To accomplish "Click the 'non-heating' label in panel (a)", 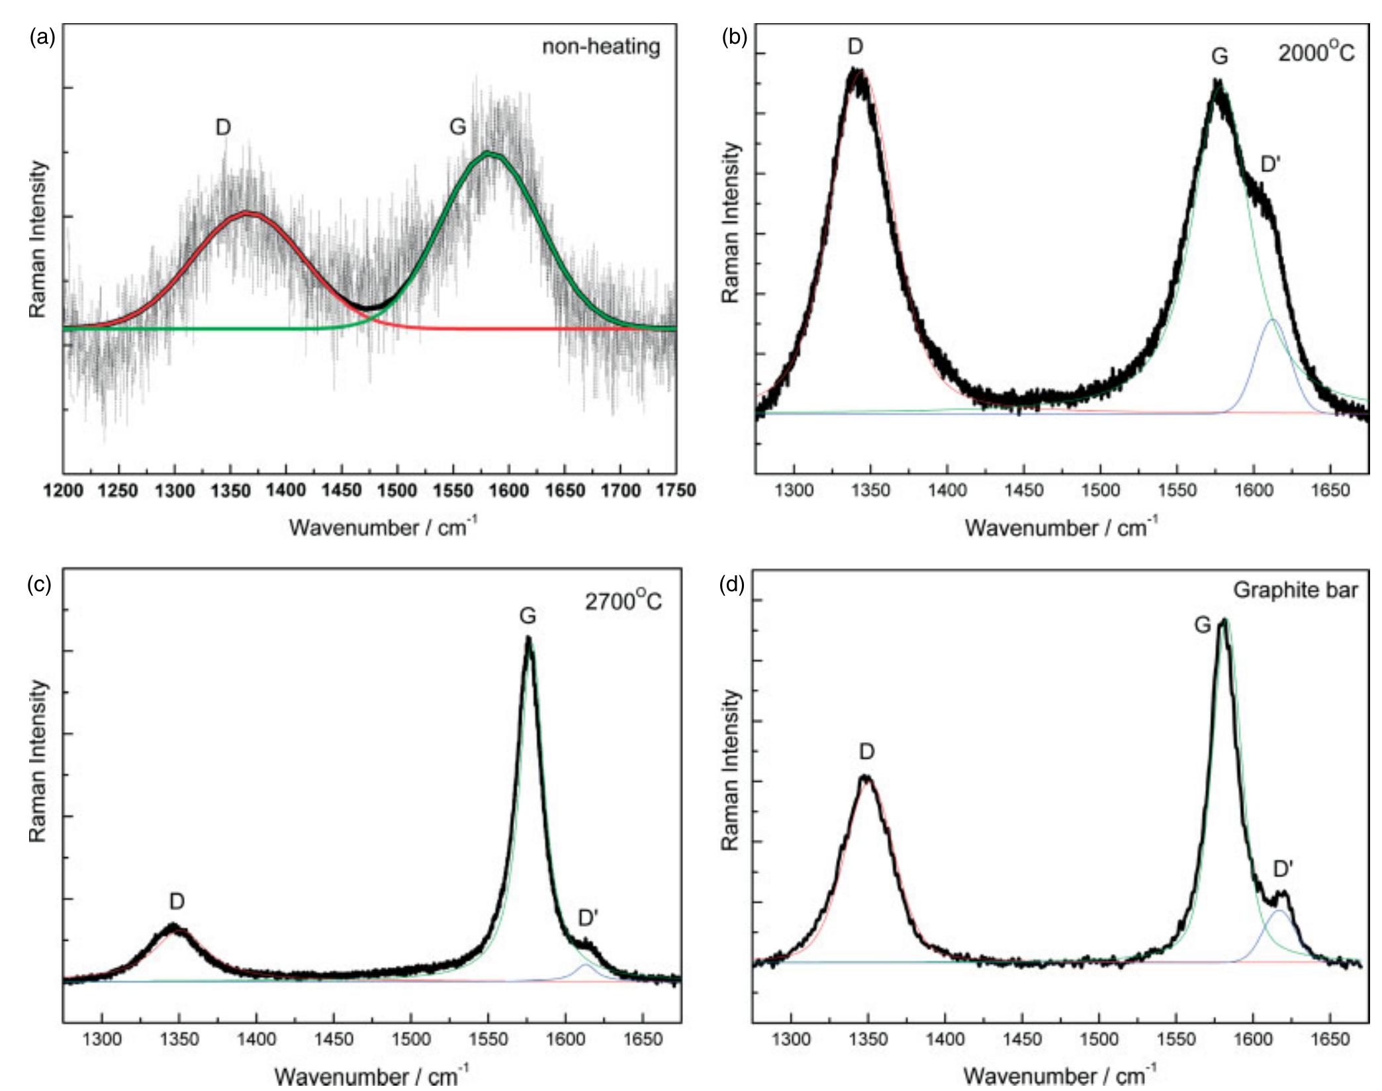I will coord(601,48).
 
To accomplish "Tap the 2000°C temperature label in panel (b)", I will coord(1316,52).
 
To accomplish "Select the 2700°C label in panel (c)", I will coord(623,601).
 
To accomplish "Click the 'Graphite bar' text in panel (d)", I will coord(1295,590).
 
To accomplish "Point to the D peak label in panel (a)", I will coord(223,128).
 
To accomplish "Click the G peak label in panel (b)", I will coord(1220,57).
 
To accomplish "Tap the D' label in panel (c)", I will coord(588,918).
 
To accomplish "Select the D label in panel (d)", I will coord(867,751).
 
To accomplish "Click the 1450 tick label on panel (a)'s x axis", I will coord(341,491).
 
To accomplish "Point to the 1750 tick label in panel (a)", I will coord(675,491).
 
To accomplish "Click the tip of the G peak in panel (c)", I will coord(528,638).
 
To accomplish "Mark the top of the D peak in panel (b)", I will coord(856,70).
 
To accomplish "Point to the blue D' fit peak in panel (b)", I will coord(1272,321).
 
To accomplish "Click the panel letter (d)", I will coord(731,585).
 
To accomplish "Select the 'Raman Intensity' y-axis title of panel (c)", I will coord(38,761).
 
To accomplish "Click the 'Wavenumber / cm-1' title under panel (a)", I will coord(383,528).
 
